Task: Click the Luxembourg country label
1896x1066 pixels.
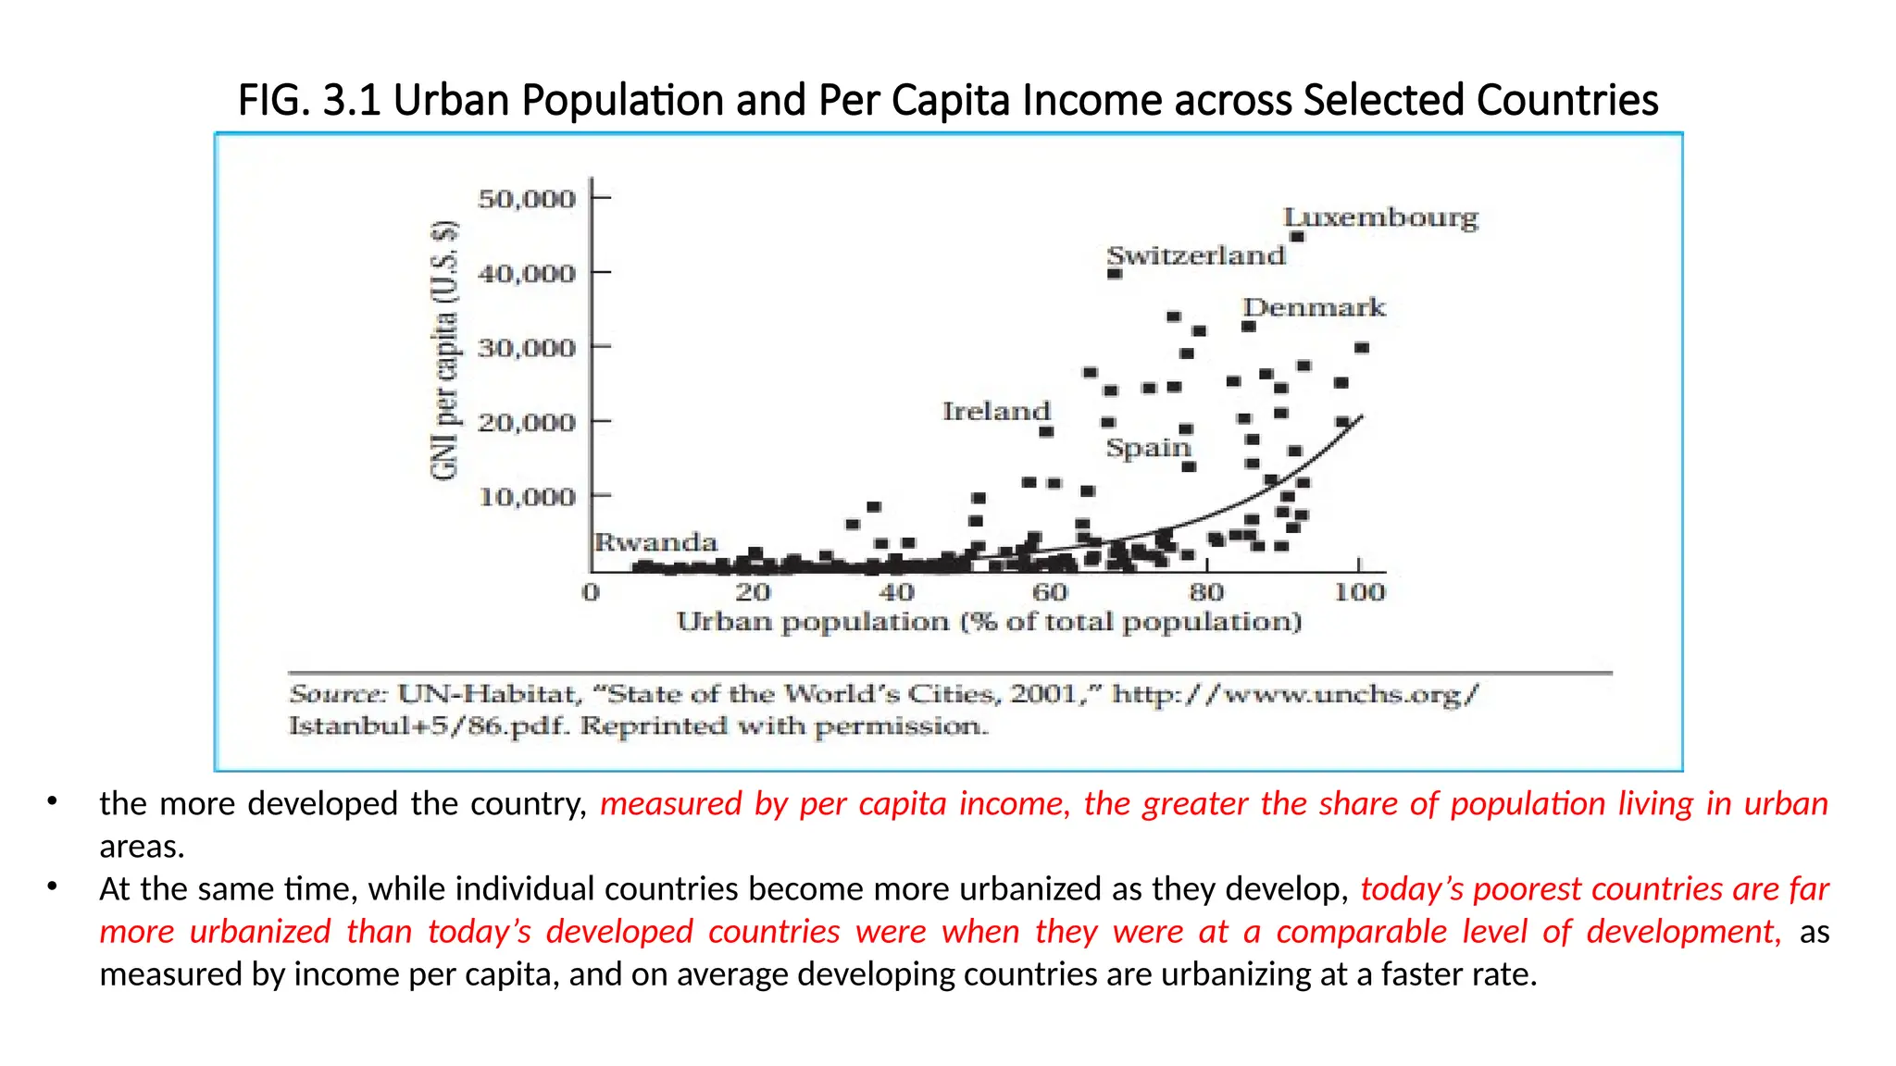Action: click(x=1380, y=217)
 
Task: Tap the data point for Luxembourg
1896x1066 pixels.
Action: click(x=1297, y=237)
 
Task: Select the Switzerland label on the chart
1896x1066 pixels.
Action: click(x=1196, y=255)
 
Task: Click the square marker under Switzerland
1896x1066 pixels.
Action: click(x=1115, y=274)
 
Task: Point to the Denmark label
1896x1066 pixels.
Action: click(x=1314, y=307)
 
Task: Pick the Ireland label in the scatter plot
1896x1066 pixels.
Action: click(x=996, y=411)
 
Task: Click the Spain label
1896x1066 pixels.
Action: click(x=1148, y=448)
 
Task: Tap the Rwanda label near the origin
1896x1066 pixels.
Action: click(x=655, y=542)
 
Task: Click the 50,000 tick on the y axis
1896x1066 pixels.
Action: click(x=527, y=199)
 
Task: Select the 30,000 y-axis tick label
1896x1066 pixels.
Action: click(x=527, y=348)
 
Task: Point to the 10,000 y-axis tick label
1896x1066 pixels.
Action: click(x=527, y=497)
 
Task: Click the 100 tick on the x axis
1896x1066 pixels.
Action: click(x=1359, y=592)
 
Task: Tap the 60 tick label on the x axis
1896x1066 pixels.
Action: click(x=1050, y=592)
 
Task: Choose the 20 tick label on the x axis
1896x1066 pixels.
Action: click(x=753, y=592)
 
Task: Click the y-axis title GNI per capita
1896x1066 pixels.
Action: click(x=445, y=351)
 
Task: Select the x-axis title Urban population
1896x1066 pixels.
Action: click(x=989, y=622)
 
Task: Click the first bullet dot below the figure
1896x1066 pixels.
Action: click(x=53, y=801)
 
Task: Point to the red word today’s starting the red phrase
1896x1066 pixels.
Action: click(x=1411, y=889)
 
